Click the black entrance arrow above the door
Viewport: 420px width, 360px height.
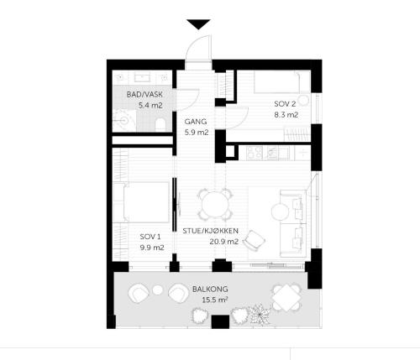coord(198,24)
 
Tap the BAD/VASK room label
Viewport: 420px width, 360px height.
coord(144,94)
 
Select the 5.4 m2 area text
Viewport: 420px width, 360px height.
coord(150,106)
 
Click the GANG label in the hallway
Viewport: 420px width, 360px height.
coord(196,122)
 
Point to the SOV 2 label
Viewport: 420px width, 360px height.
coord(285,104)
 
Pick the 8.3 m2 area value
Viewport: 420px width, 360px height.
coord(286,115)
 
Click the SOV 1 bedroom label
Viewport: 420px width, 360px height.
coord(150,237)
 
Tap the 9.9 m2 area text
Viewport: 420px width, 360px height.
coord(152,248)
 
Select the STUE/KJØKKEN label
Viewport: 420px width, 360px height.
coord(211,231)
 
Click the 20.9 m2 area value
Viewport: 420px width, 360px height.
coord(224,242)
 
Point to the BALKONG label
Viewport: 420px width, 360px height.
coord(210,289)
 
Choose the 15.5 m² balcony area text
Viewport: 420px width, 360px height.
coord(215,300)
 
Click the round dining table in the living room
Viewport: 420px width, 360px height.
coord(215,205)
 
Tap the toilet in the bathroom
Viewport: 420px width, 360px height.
coord(160,124)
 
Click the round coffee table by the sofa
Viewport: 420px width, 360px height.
coord(280,211)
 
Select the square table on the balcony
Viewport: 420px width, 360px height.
coord(286,298)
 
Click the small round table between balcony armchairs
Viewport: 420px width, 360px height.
coord(158,290)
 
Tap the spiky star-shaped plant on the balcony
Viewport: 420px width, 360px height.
coord(260,315)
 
